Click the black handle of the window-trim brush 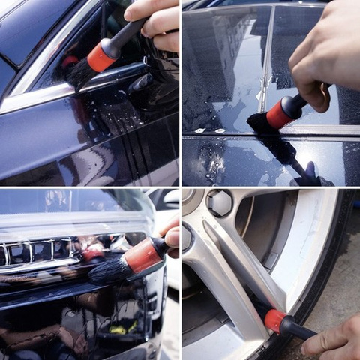pyautogui.click(x=127, y=34)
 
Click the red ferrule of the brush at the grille pyautogui.click(x=142, y=256)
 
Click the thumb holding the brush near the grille pyautogui.click(x=172, y=238)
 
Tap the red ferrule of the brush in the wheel pyautogui.click(x=275, y=320)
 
